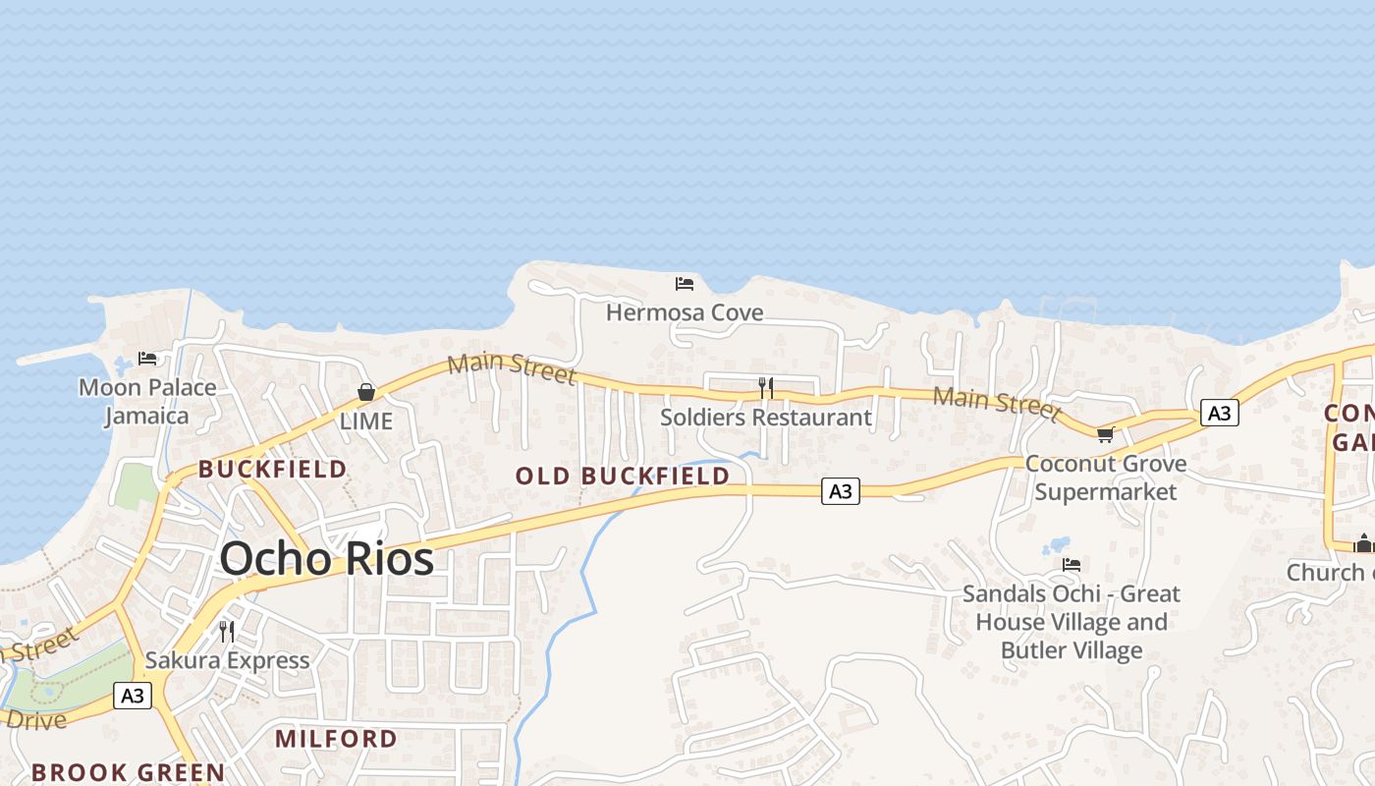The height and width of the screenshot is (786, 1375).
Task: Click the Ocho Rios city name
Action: tap(326, 559)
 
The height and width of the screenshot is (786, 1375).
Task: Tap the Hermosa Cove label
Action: tap(685, 312)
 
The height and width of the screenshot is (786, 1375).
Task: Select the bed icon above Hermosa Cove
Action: tap(685, 284)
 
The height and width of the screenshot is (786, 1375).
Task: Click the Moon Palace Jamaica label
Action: tap(147, 401)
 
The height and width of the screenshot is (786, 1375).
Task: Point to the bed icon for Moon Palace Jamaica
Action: tap(147, 359)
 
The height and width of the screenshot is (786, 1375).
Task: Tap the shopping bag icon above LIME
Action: tap(366, 393)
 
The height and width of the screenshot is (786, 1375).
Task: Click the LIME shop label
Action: tap(366, 421)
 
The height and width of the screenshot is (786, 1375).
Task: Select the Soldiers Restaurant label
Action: tap(766, 418)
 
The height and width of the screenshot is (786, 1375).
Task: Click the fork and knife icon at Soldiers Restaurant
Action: tap(766, 388)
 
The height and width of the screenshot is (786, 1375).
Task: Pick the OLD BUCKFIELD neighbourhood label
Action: tap(623, 477)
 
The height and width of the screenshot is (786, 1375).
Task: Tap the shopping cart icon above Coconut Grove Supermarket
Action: tap(1105, 434)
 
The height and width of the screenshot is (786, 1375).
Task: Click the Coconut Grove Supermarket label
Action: tap(1106, 477)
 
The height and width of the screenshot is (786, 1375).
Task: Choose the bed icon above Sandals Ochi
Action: tap(1072, 565)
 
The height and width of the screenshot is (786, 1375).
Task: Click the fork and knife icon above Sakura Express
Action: tap(227, 631)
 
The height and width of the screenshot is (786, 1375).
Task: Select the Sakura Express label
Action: tap(227, 660)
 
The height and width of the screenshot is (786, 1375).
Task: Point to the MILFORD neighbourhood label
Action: tap(336, 739)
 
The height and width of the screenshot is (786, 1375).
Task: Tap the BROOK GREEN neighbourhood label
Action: tap(129, 772)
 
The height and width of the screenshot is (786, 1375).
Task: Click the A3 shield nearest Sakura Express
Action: tap(133, 696)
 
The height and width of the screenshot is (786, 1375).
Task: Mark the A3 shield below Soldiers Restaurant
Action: tap(841, 491)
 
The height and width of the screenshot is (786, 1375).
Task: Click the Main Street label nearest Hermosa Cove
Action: tap(511, 367)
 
